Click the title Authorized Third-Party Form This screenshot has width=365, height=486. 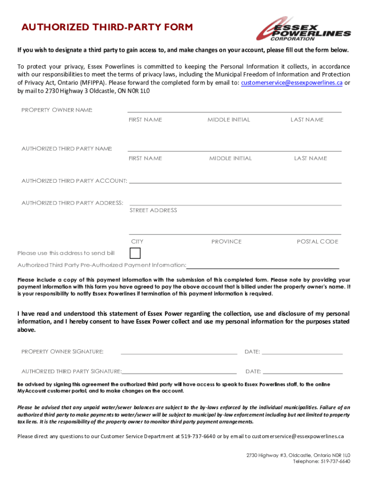(107, 28)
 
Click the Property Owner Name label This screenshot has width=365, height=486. (57, 110)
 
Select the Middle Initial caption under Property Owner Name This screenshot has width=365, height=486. (228, 120)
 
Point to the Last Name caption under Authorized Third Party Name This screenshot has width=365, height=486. (310, 158)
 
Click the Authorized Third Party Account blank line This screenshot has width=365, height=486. (235, 182)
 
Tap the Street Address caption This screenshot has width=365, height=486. (153, 210)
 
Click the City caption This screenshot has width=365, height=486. (137, 242)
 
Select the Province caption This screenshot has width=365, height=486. (226, 242)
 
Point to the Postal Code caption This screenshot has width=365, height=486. (317, 242)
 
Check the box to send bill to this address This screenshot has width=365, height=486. (135, 253)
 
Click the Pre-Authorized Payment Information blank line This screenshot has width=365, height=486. (263, 268)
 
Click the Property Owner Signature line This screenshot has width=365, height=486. (179, 354)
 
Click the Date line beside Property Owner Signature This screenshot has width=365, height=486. (302, 354)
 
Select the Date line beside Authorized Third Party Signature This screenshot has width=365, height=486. (302, 373)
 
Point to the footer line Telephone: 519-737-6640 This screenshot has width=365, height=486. (321, 461)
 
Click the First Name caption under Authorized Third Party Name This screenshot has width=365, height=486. (145, 158)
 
